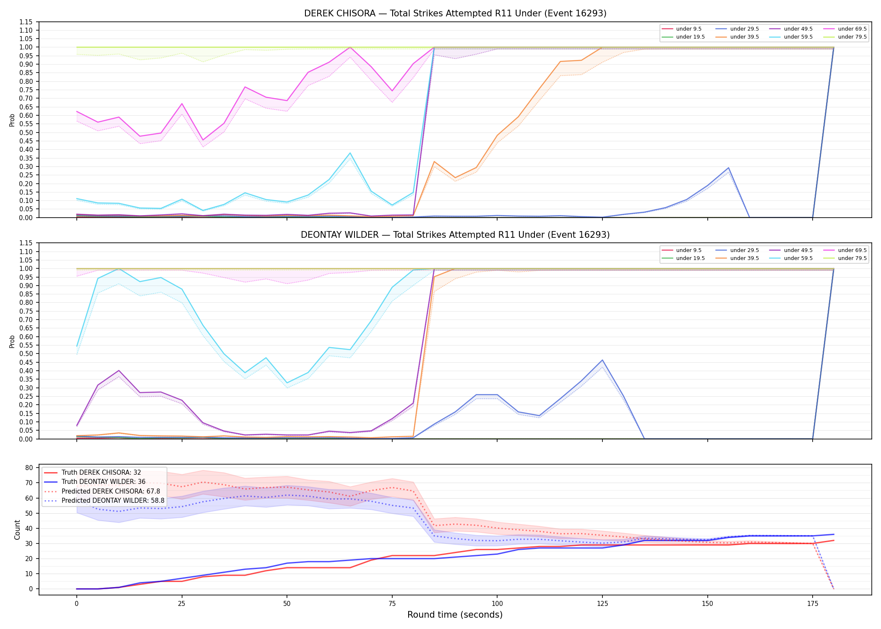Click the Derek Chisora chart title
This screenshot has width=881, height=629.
[x=455, y=13]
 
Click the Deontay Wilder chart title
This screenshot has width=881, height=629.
[x=455, y=235]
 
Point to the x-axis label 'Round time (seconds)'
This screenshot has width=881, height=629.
[x=455, y=615]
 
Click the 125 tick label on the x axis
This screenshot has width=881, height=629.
[x=602, y=604]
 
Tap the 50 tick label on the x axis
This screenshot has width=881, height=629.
[x=287, y=604]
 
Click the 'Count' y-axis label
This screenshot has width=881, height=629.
[x=17, y=530]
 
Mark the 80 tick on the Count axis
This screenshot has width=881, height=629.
[x=29, y=468]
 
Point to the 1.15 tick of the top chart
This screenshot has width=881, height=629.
[x=26, y=22]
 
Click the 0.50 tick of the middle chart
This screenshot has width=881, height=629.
[x=26, y=353]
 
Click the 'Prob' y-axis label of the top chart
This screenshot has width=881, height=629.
[x=12, y=120]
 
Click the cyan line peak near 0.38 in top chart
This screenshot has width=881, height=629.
[x=350, y=153]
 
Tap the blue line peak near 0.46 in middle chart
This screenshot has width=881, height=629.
[x=602, y=360]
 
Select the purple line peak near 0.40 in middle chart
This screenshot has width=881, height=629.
[x=119, y=371]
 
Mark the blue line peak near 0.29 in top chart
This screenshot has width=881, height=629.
[x=728, y=168]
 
